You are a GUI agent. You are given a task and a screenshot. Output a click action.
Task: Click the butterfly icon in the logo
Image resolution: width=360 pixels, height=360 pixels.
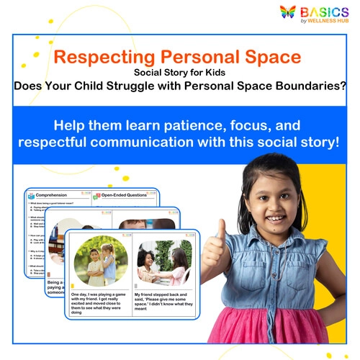(288, 13)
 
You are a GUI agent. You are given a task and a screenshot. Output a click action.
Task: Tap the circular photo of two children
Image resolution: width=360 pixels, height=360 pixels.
(101, 261)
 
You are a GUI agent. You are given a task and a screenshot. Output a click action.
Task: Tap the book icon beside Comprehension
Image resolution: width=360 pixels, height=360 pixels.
(32, 195)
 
